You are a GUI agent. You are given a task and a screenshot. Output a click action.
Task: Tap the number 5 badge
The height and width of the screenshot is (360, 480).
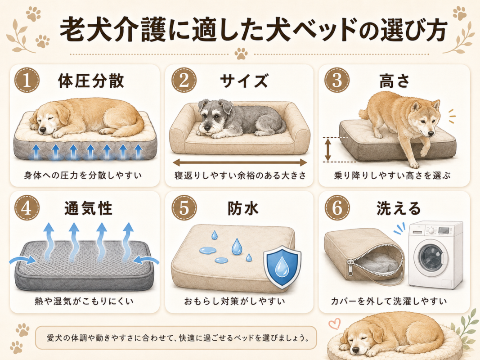tap(184, 208)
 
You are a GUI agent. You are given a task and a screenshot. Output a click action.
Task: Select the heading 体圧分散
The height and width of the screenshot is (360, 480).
tap(91, 81)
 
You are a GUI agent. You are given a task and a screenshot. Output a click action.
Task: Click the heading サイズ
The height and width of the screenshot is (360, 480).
tap(244, 81)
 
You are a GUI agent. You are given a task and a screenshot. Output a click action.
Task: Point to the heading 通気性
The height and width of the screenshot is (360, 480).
tap(89, 208)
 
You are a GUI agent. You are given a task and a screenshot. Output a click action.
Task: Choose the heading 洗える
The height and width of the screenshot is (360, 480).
tap(398, 208)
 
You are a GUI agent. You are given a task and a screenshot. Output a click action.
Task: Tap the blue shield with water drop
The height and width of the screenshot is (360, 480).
tap(282, 267)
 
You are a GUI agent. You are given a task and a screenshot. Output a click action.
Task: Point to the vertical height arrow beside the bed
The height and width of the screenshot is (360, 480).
tap(328, 149)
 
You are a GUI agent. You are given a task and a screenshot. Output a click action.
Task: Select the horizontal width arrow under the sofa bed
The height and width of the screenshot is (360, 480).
tap(240, 162)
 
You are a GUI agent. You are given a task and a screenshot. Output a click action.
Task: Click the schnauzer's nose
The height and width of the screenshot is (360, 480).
tap(207, 127)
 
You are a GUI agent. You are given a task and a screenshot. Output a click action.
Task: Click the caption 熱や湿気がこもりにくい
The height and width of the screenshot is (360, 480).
tap(84, 301)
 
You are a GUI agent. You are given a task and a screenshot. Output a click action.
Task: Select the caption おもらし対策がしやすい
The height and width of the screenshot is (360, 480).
tap(234, 301)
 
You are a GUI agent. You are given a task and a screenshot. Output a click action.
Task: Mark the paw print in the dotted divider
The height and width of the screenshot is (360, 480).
tap(241, 54)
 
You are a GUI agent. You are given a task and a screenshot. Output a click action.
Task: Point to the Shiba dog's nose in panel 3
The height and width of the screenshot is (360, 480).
tap(431, 134)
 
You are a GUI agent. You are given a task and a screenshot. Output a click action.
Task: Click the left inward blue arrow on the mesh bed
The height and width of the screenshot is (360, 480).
tap(22, 261)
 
